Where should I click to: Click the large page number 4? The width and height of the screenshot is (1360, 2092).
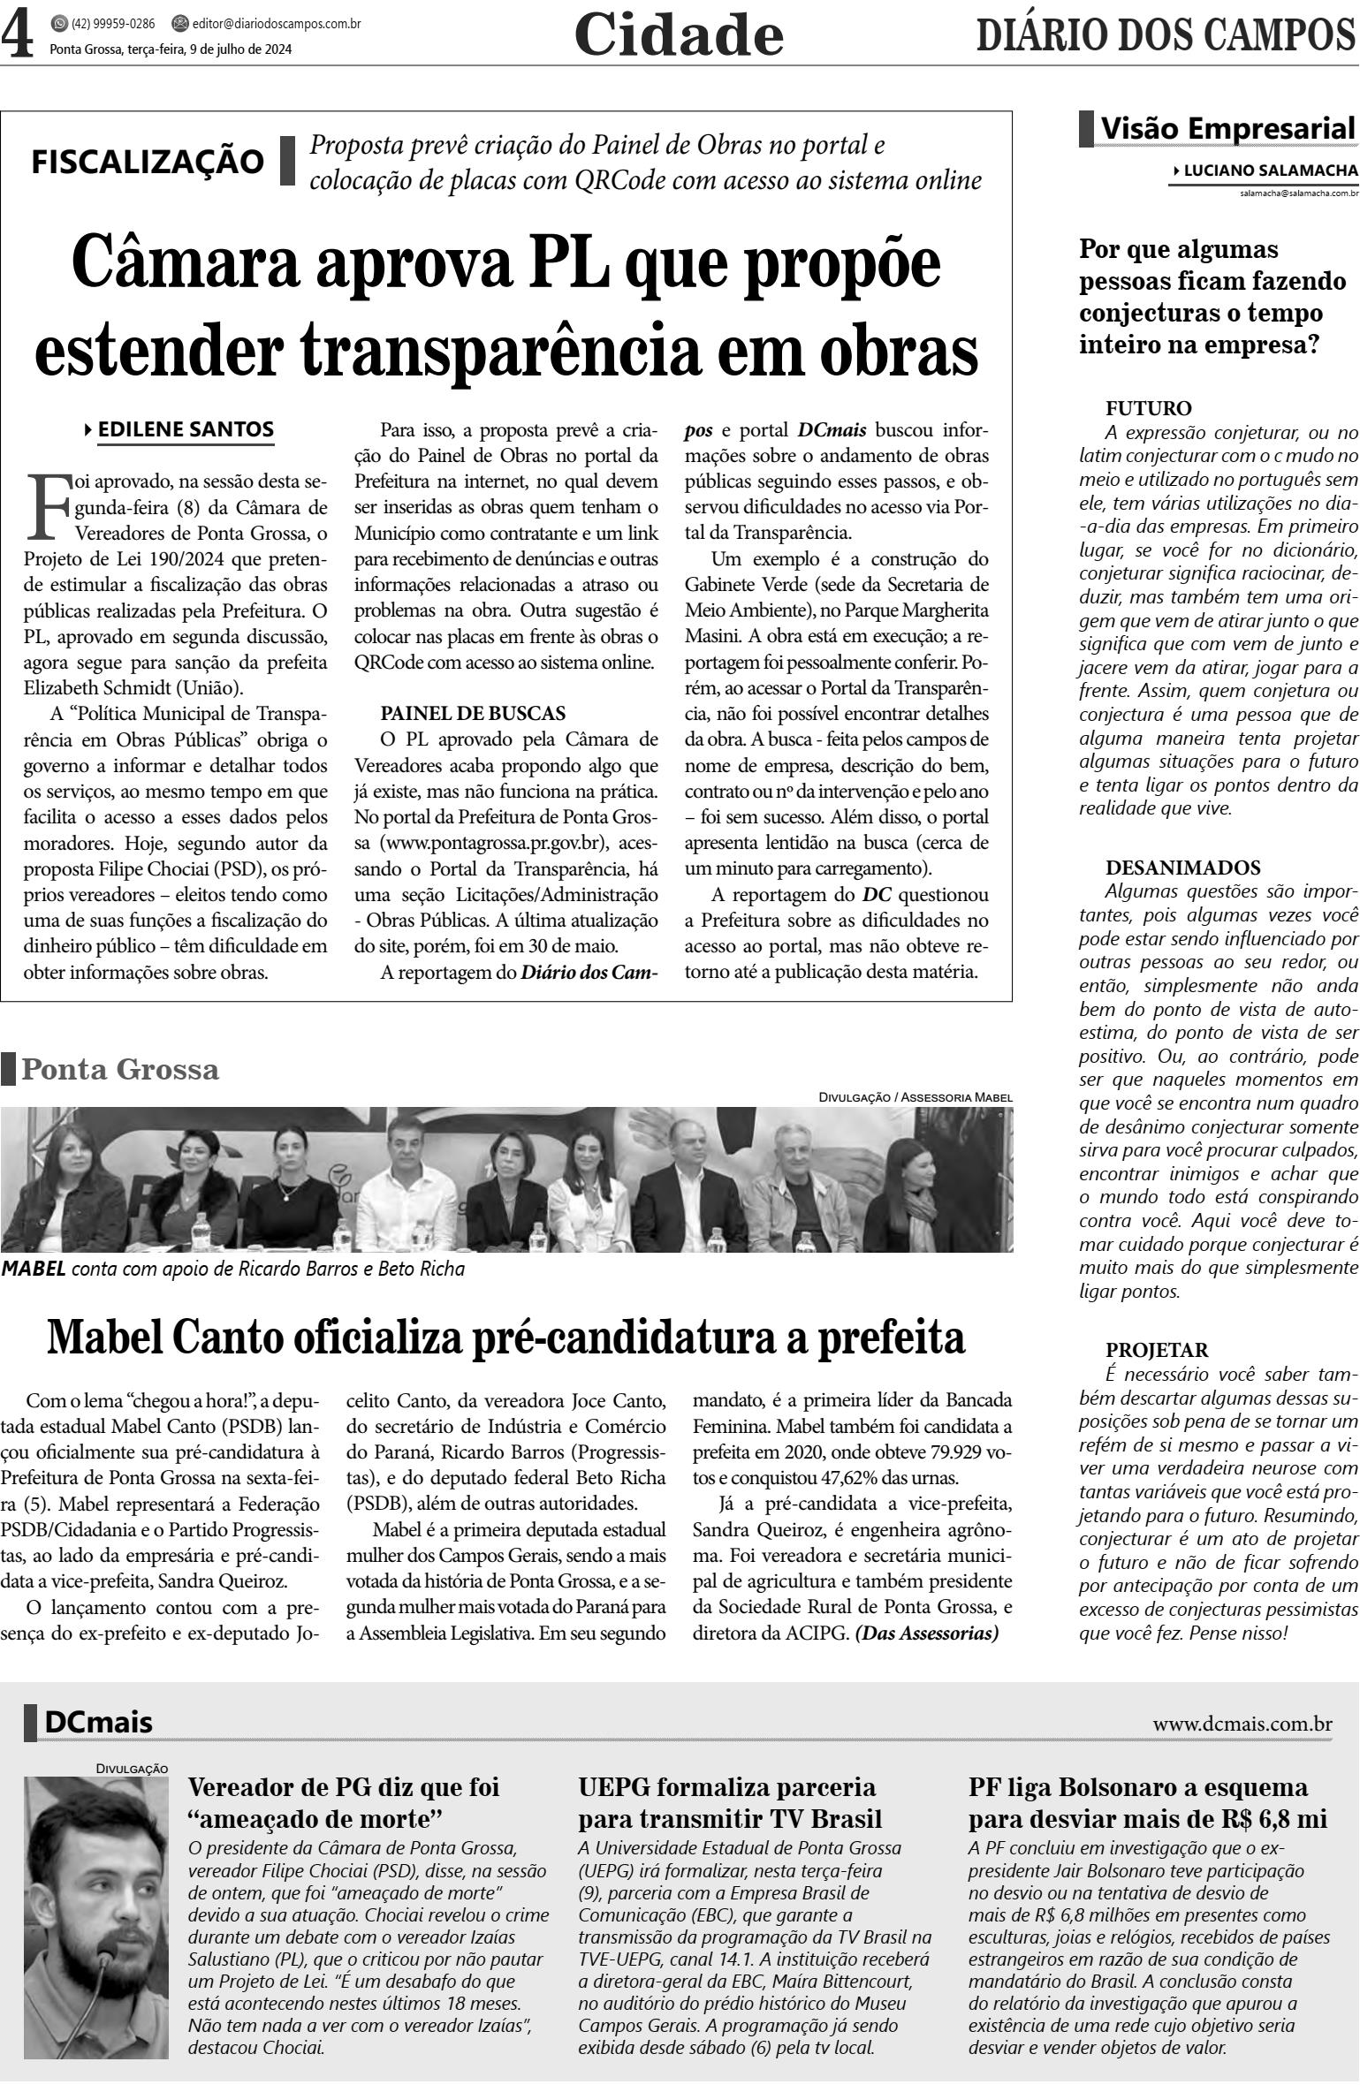(18, 35)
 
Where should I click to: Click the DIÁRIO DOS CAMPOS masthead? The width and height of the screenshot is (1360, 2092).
(1166, 37)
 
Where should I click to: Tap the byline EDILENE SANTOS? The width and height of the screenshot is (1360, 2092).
(186, 430)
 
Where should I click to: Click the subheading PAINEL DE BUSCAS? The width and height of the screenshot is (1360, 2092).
(473, 713)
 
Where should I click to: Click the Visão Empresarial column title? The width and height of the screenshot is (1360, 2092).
(1226, 129)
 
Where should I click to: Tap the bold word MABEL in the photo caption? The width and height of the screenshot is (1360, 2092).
(33, 1270)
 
